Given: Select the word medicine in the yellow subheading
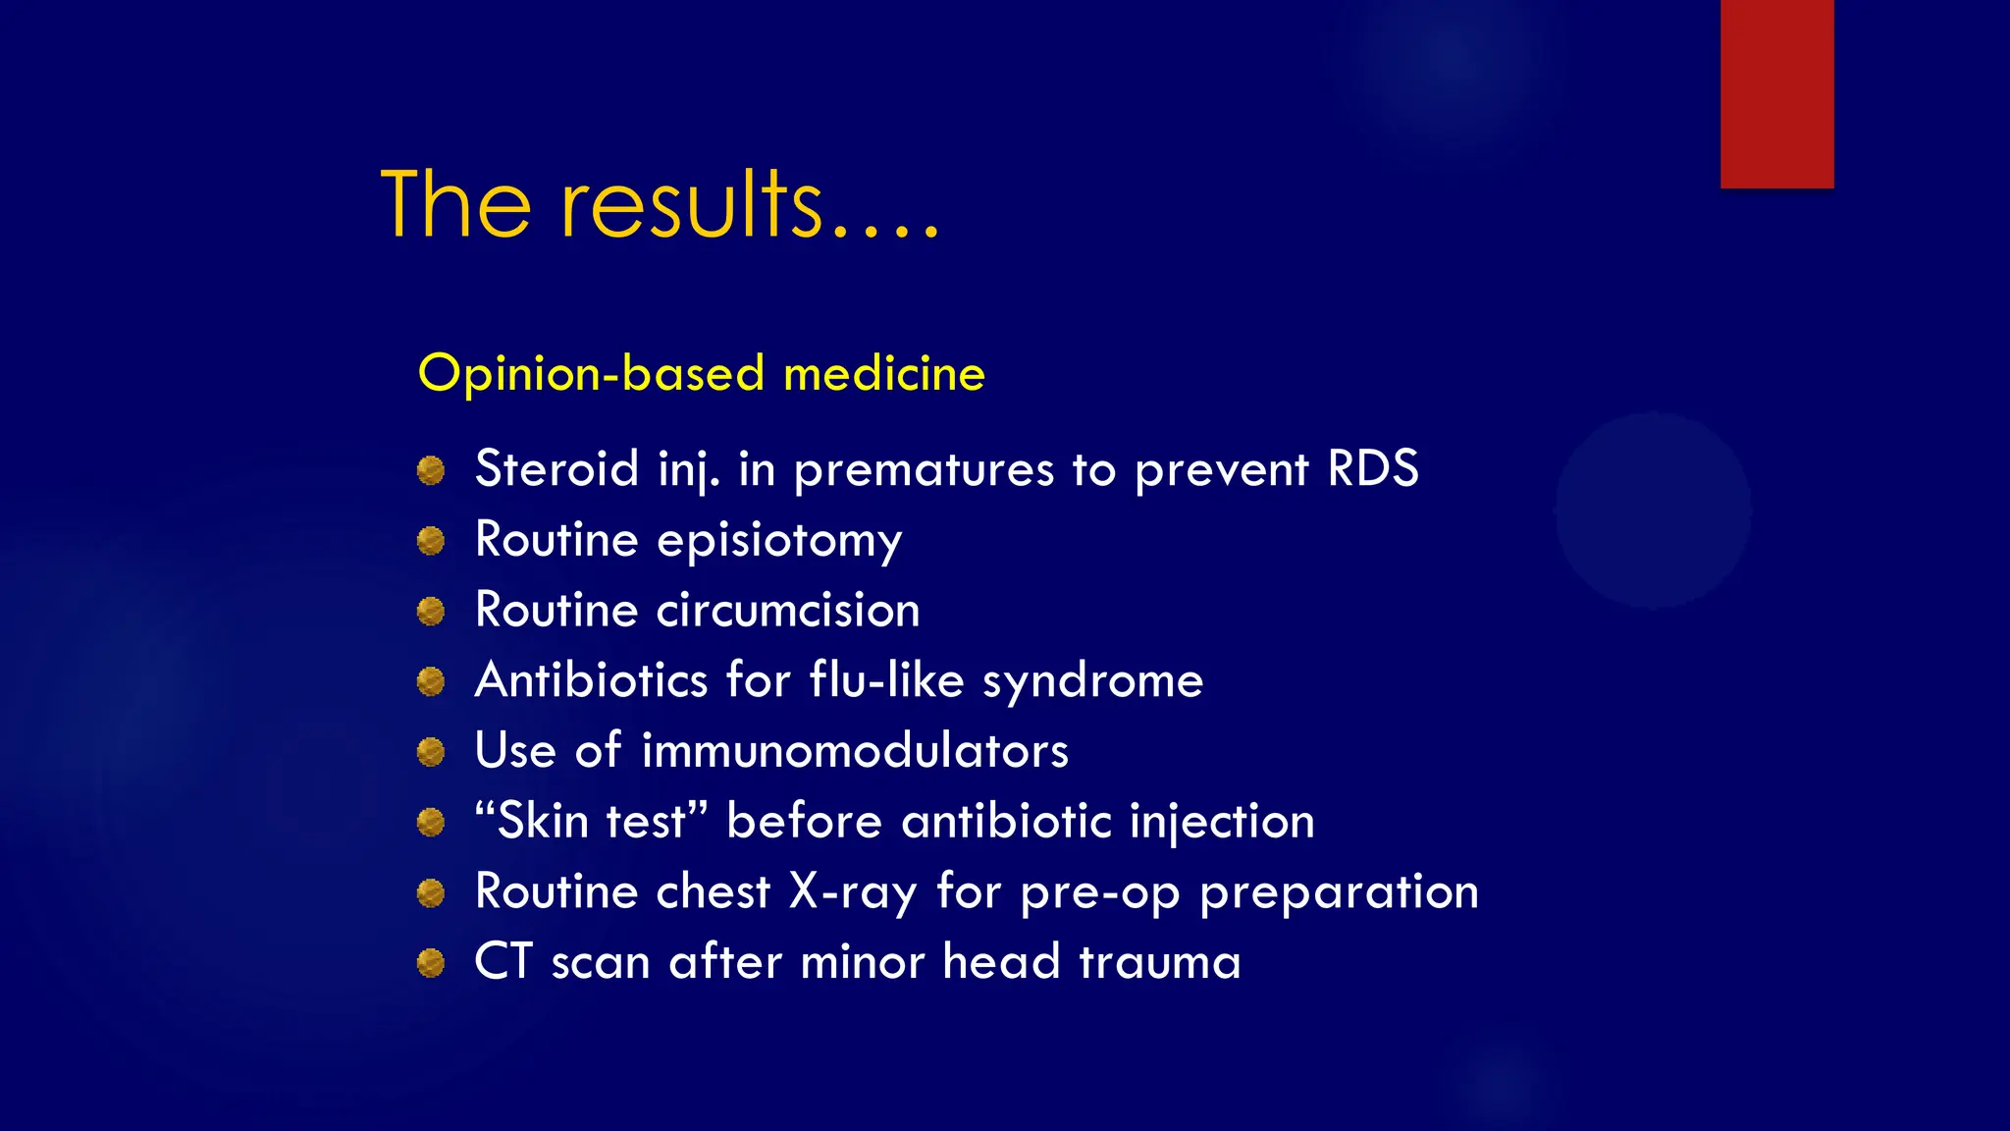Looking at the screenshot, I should [884, 374].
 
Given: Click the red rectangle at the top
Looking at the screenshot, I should [1776, 93].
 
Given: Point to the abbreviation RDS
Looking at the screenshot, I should [1372, 468].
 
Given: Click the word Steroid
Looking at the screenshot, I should [556, 468].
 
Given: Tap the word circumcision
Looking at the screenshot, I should [788, 610].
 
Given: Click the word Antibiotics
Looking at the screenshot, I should [591, 679].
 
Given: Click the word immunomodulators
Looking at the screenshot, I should [854, 751].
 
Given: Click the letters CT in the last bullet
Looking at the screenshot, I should [503, 961].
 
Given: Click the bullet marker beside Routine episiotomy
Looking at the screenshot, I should [431, 541].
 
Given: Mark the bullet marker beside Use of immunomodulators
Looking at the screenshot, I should [431, 752].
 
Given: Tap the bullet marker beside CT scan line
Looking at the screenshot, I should [431, 963].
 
